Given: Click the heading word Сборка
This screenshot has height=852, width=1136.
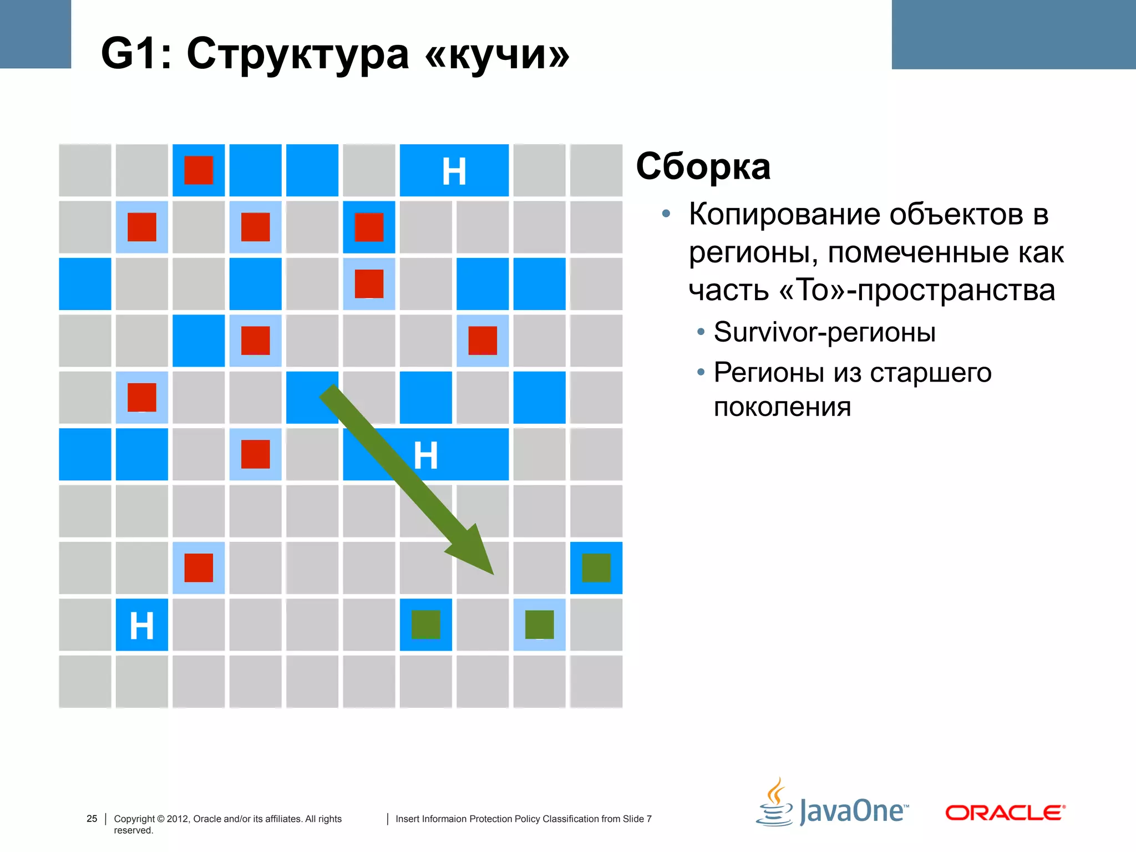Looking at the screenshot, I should click(703, 166).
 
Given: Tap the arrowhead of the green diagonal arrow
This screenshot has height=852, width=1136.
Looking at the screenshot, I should click(474, 552).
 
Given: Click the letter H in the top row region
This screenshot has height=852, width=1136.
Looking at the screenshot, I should click(454, 171).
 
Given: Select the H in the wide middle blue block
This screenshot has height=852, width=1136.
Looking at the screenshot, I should click(425, 456).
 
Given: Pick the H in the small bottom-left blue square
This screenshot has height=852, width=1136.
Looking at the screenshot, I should click(141, 626).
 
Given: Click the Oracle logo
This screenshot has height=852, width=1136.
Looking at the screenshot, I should click(1005, 813).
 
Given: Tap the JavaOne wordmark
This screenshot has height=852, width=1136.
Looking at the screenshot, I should click(853, 812).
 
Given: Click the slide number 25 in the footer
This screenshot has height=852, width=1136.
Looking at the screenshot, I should click(92, 819).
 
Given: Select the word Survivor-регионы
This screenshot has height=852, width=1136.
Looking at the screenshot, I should click(825, 332).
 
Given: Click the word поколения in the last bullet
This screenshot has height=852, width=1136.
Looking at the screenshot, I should click(782, 407).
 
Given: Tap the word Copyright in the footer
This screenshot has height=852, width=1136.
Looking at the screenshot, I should click(134, 819).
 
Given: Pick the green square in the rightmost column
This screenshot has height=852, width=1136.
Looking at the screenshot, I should click(596, 568).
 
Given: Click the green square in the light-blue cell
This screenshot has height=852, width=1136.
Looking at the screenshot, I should click(539, 625).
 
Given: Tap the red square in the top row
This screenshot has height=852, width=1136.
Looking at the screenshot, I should click(199, 170).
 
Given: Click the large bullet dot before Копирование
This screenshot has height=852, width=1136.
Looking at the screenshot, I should click(666, 214).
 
